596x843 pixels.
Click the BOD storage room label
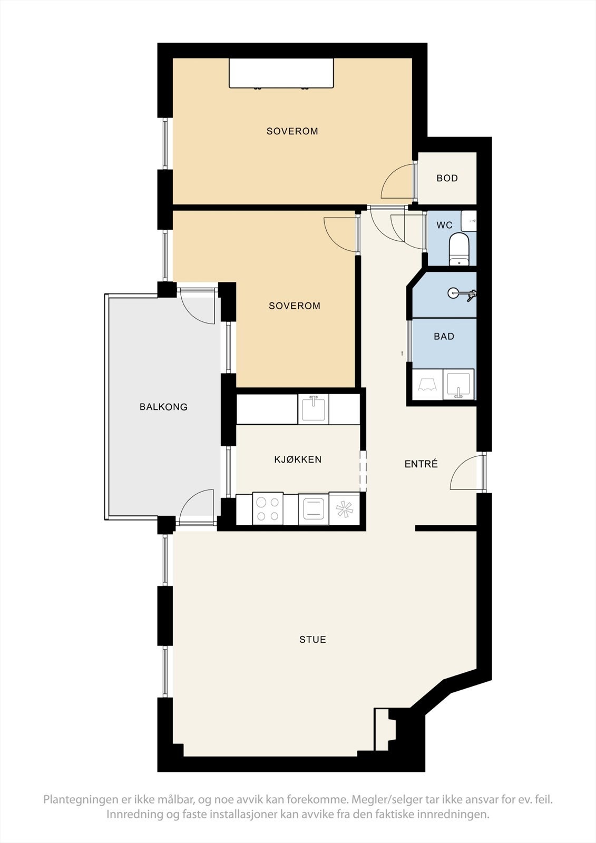coord(447,178)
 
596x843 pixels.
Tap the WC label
coord(444,225)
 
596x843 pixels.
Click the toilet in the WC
coord(459,248)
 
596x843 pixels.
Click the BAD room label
coord(444,336)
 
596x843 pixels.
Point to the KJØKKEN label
coord(298,459)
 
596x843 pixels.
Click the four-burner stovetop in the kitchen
coord(267,509)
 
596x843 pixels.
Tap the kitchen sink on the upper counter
coord(313,409)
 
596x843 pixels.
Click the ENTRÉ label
coord(421,464)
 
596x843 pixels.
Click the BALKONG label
coord(163,407)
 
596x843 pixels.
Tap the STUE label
coord(312,640)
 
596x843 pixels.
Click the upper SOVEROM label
coord(292,131)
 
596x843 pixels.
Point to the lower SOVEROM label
coord(294,306)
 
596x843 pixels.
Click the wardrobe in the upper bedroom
coord(281,73)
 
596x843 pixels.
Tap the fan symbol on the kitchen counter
coord(344,509)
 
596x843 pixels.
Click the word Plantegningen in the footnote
coord(80,800)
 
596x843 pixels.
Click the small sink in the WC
coord(468,221)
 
